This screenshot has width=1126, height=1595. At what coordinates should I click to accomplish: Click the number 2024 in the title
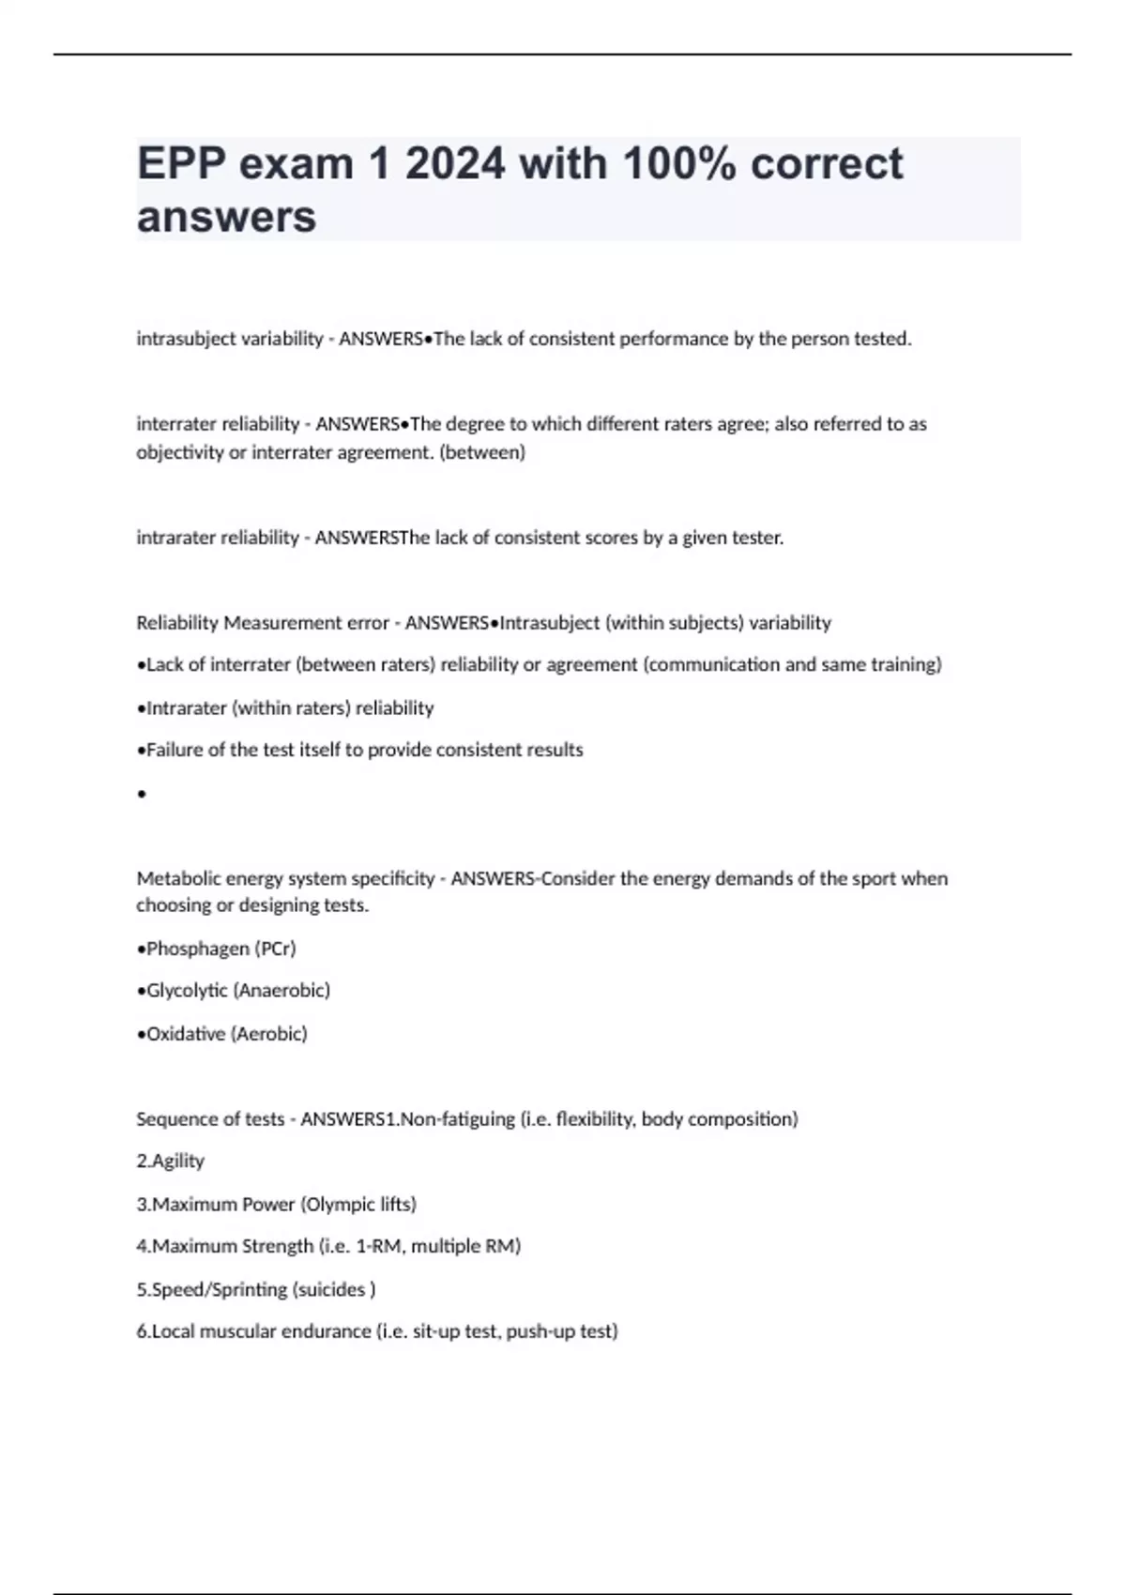point(454,163)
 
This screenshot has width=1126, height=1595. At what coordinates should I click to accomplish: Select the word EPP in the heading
point(182,163)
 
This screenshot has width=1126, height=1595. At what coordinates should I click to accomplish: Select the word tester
point(756,538)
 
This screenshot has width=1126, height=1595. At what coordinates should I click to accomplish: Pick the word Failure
point(171,750)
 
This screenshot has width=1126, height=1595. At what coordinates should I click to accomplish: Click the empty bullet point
point(142,795)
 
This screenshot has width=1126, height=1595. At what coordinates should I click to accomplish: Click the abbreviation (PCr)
point(275,949)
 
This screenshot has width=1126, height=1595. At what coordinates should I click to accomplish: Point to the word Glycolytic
point(187,990)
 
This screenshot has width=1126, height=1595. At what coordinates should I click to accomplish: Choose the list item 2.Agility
point(171,1161)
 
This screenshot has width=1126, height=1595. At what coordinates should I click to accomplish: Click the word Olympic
point(338,1204)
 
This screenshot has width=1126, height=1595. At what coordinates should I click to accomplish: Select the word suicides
point(329,1289)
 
